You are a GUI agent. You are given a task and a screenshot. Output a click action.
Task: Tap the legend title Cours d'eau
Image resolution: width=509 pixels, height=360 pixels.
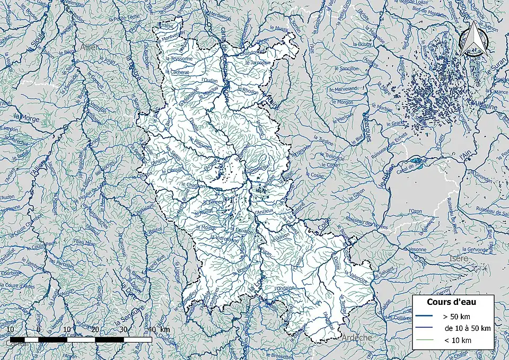[451, 302]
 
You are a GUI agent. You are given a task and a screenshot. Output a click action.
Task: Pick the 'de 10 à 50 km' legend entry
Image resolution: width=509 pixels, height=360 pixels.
[467, 328]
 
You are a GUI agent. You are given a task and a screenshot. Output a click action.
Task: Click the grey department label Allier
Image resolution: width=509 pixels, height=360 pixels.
[90, 47]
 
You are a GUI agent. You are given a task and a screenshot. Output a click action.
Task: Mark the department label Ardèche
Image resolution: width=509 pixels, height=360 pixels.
[356, 337]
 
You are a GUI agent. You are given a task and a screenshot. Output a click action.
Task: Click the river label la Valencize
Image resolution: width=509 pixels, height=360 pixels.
[358, 276]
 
